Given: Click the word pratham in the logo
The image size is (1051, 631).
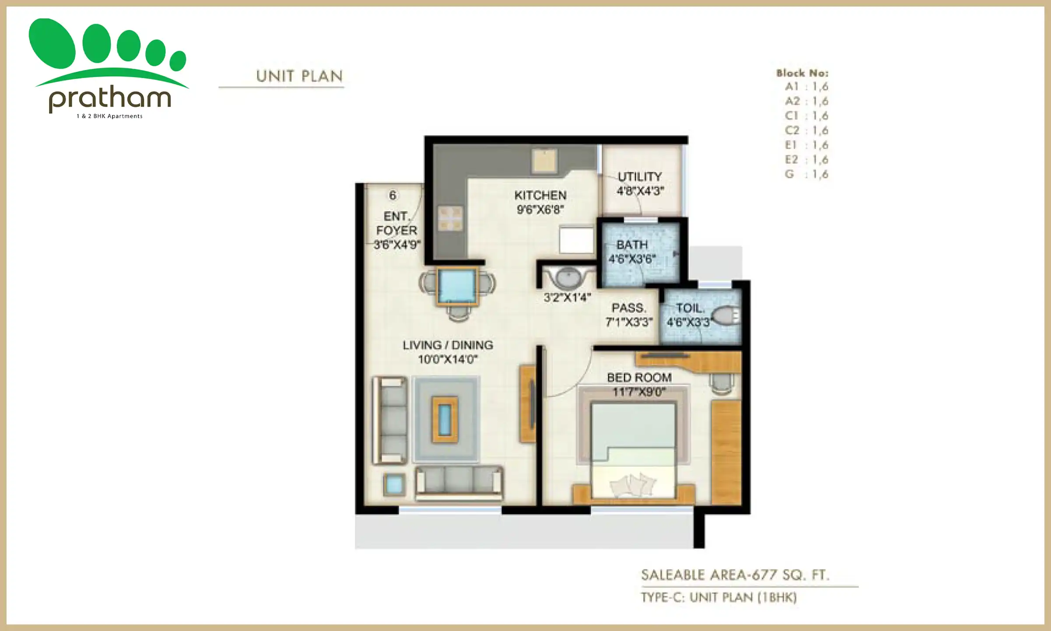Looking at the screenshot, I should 109,99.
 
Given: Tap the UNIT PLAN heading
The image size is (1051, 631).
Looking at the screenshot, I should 299,76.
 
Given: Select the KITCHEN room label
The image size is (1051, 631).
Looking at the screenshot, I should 540,195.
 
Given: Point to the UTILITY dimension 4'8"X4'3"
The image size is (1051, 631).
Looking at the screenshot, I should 640,191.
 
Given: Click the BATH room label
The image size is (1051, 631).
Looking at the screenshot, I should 631,245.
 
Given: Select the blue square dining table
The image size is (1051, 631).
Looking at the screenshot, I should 457,286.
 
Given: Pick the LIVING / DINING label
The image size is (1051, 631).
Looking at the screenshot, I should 448,345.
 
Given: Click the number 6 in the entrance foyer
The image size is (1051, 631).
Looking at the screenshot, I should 392,195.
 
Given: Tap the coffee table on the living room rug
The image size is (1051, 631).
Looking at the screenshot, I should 445,419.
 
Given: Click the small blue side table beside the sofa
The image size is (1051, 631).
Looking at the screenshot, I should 394,485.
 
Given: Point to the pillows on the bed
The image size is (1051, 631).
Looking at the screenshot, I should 633,485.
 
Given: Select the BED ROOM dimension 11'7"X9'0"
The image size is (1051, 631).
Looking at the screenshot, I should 639,392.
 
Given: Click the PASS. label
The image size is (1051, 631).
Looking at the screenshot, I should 628,308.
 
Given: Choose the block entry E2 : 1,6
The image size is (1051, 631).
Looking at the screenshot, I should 806,160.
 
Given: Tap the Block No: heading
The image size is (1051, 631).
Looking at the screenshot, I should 802,73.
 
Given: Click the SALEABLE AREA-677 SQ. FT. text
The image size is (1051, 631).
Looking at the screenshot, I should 735,575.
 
